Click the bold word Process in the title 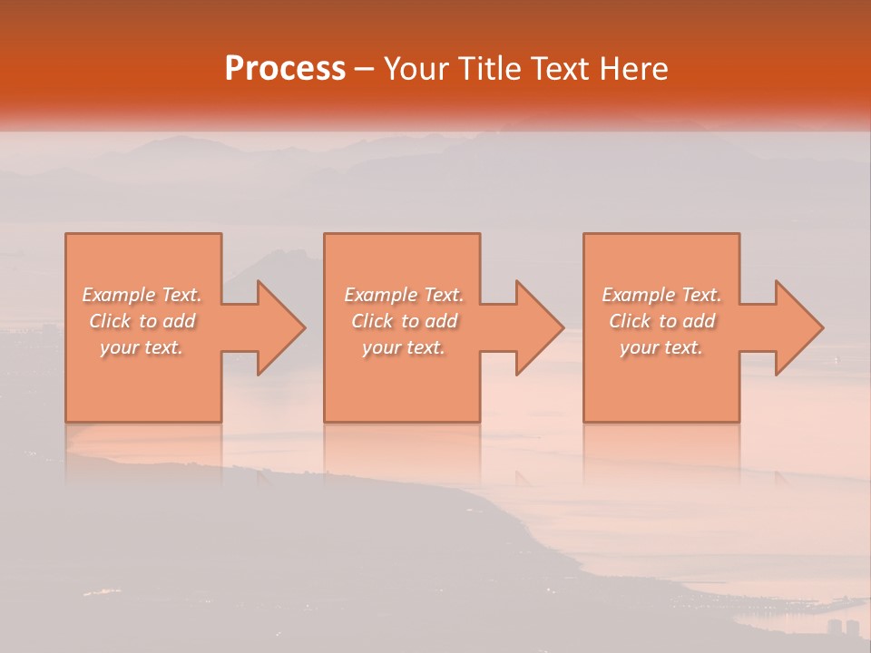click(x=285, y=69)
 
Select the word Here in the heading click(x=632, y=69)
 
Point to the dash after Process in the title click(x=365, y=69)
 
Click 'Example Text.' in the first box click(x=142, y=295)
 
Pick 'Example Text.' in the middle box click(x=404, y=295)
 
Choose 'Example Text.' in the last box click(x=661, y=295)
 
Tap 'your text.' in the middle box click(x=403, y=347)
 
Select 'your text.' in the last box click(x=661, y=347)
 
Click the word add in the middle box click(x=440, y=321)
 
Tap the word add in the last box click(x=698, y=321)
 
